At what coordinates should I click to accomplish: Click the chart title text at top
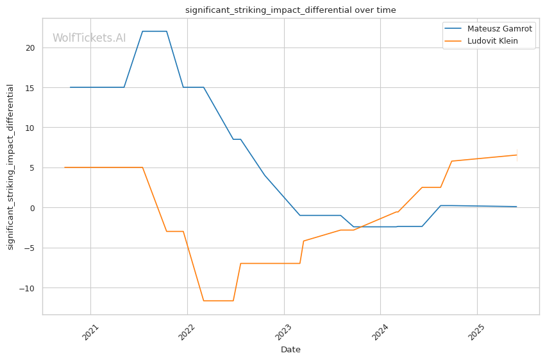[290, 10]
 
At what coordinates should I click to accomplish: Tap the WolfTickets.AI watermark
[89, 38]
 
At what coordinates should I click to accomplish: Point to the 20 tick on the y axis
[30, 47]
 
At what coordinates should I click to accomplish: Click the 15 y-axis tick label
[30, 88]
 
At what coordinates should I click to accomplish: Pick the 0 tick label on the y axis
[33, 208]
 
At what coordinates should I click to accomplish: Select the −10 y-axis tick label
[27, 288]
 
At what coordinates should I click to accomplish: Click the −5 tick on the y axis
[29, 248]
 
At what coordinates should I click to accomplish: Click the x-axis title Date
[290, 350]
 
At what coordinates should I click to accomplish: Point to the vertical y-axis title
[10, 167]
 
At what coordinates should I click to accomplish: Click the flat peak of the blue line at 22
[155, 31]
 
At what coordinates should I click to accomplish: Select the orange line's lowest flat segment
[218, 300]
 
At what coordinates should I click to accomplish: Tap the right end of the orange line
[517, 155]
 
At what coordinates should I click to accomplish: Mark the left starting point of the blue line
[71, 87]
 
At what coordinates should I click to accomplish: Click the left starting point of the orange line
[65, 167]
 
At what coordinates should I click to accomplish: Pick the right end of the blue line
[517, 207]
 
